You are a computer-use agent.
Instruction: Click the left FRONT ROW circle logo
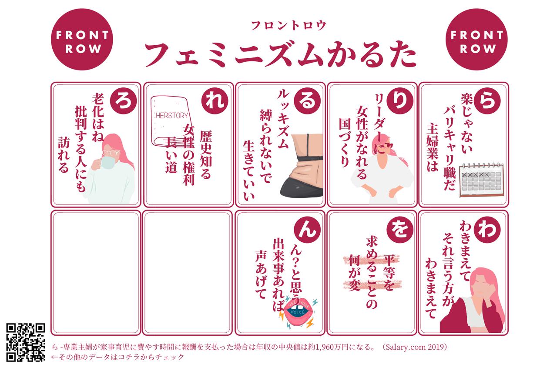point(82,40)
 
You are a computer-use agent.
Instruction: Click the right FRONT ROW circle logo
point(476,40)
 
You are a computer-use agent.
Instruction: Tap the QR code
point(26,342)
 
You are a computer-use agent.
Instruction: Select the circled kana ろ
point(123,101)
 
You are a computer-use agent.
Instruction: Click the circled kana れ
point(215,101)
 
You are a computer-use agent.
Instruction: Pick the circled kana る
point(307,101)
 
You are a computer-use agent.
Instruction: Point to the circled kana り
point(400,101)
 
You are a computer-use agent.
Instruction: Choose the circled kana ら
point(487,101)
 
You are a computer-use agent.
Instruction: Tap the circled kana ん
point(307,230)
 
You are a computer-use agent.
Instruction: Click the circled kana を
point(400,230)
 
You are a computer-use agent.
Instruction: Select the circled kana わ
point(487,230)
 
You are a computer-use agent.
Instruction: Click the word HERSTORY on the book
point(172,116)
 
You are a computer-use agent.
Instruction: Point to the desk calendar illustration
point(481,180)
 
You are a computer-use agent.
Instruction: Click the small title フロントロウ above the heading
point(289,26)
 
